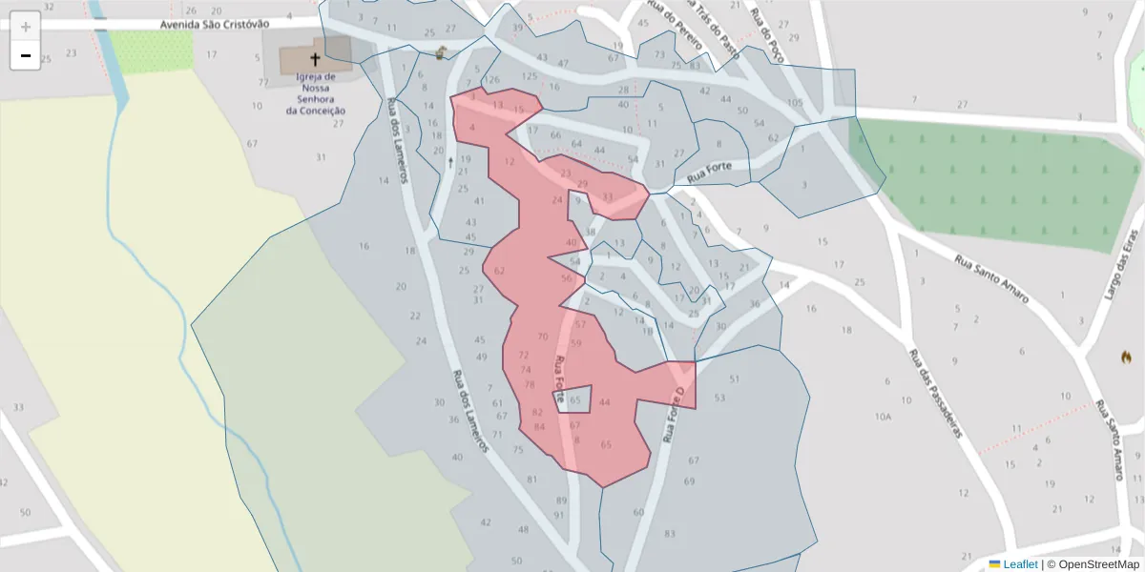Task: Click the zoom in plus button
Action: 26,26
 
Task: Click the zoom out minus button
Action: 26,55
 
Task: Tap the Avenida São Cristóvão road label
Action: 215,24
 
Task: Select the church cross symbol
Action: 315,59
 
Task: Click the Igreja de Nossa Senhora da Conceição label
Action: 315,93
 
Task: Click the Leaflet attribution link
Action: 1020,564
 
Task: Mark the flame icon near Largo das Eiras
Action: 1126,357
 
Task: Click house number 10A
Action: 884,417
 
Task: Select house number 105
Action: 795,102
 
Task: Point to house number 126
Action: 492,79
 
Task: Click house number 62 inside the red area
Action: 499,271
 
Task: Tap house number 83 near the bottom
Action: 670,533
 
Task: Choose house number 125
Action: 531,75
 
